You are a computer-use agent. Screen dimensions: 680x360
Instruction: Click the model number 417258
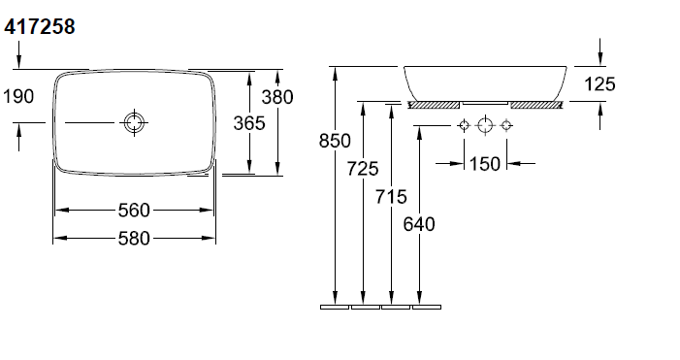(x=40, y=26)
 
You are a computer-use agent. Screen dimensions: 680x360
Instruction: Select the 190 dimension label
(x=18, y=96)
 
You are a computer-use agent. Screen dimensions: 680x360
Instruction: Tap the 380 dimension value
(x=277, y=97)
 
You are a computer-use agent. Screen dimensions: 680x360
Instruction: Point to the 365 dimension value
(x=249, y=123)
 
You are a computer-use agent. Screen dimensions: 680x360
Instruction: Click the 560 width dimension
(x=134, y=211)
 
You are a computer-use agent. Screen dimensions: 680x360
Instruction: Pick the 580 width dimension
(x=134, y=238)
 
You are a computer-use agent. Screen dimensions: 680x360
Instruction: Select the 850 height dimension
(x=335, y=141)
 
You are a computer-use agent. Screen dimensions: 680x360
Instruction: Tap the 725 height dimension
(x=363, y=169)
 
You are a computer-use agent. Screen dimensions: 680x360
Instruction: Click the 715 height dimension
(x=391, y=197)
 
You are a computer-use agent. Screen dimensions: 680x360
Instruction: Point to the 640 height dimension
(x=419, y=224)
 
